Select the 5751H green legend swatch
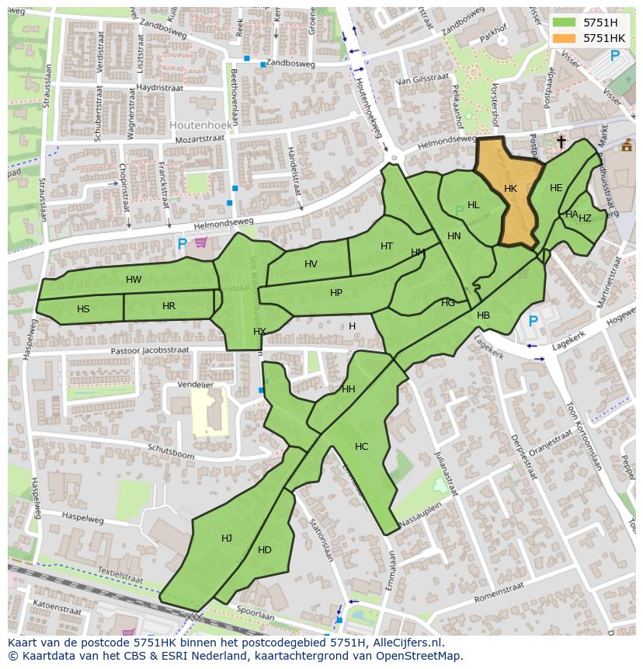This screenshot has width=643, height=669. click(564, 23)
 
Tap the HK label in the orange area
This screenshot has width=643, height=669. click(510, 189)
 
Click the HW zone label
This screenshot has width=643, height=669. click(134, 280)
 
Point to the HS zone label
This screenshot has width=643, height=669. click(83, 309)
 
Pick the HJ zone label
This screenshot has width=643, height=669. click(227, 538)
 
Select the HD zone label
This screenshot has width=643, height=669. click(265, 550)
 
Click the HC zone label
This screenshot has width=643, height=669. click(361, 447)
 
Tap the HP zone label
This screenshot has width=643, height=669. click(336, 293)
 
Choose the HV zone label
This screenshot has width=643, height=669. click(311, 264)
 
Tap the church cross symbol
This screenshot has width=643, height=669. click(561, 141)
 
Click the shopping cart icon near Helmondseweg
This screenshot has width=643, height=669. click(201, 242)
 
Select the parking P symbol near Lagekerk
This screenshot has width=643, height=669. click(533, 321)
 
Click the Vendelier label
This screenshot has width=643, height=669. click(196, 384)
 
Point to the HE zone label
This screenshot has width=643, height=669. click(556, 188)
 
